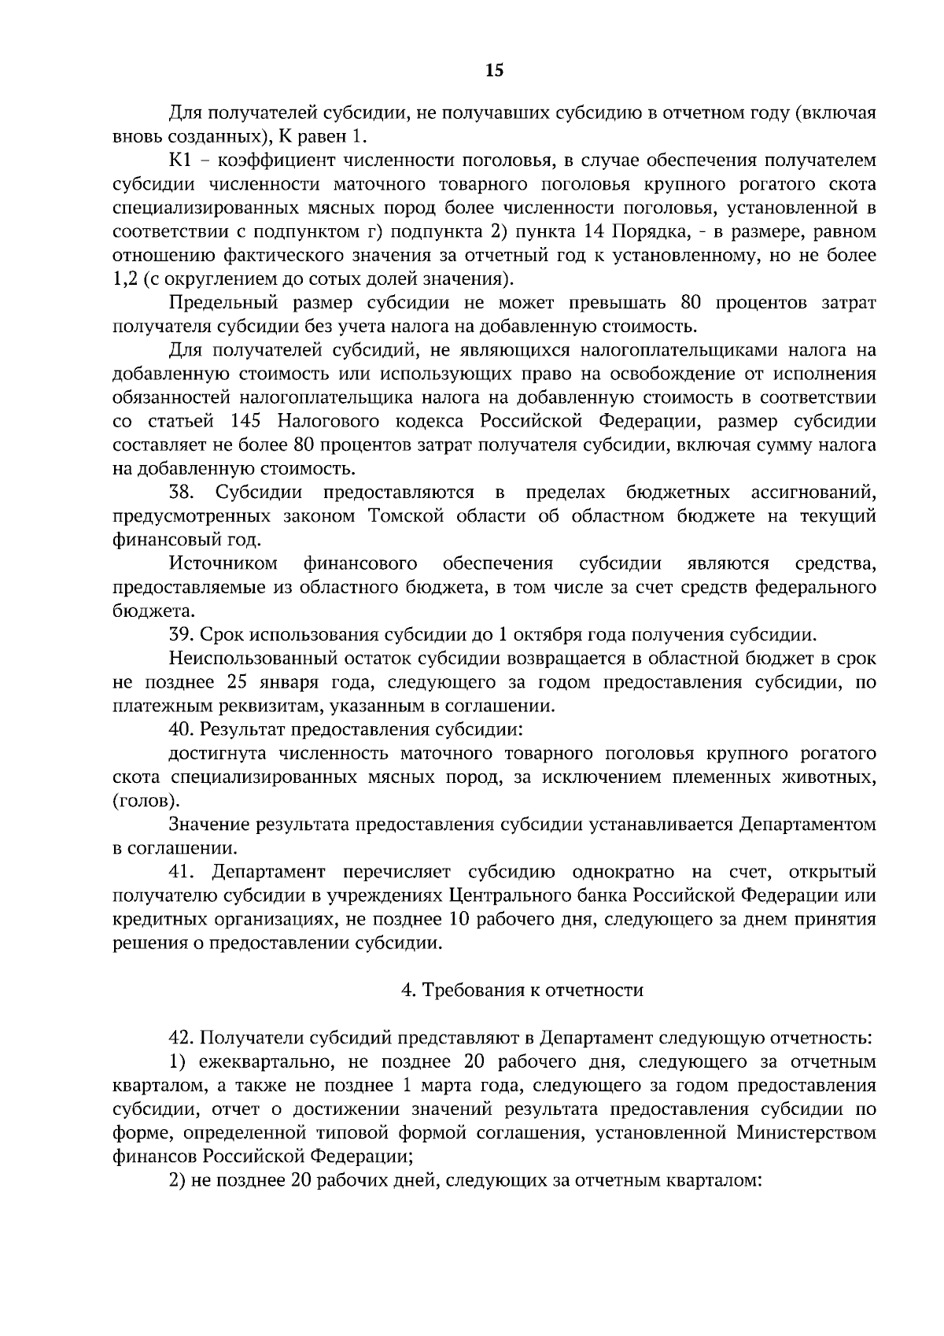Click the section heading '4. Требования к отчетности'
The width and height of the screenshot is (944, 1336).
[x=522, y=990]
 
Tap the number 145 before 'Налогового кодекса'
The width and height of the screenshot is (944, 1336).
[x=248, y=422]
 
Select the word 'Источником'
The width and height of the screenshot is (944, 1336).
[x=223, y=564]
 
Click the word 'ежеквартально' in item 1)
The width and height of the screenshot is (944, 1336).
[x=258, y=1062]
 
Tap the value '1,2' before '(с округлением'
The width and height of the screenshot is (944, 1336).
[x=125, y=280]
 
